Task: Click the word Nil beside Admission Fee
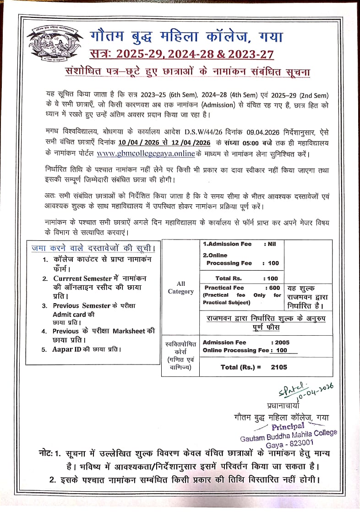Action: click(270, 244)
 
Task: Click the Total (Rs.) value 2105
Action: click(278, 367)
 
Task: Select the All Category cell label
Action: click(180, 288)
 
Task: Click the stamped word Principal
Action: click(288, 426)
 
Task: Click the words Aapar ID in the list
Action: click(68, 349)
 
